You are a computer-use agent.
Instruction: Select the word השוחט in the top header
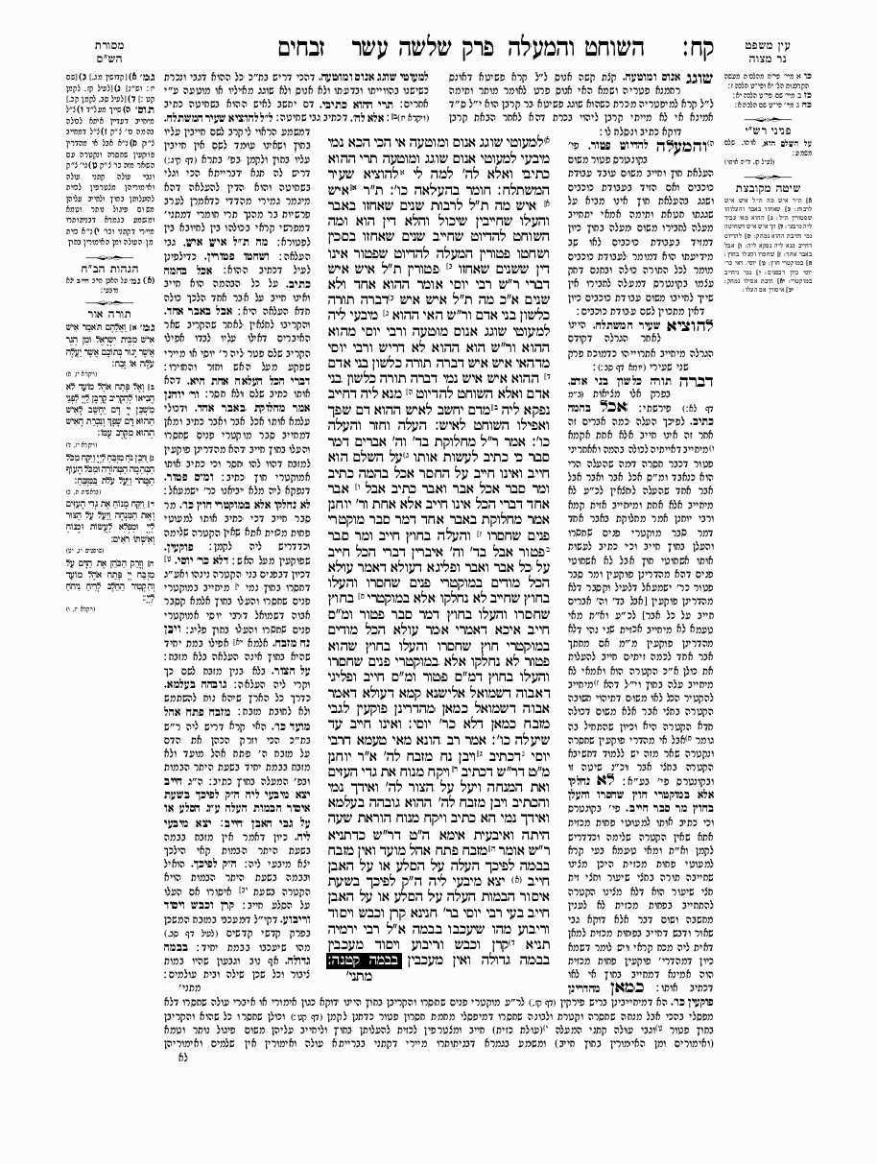pos(597,46)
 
